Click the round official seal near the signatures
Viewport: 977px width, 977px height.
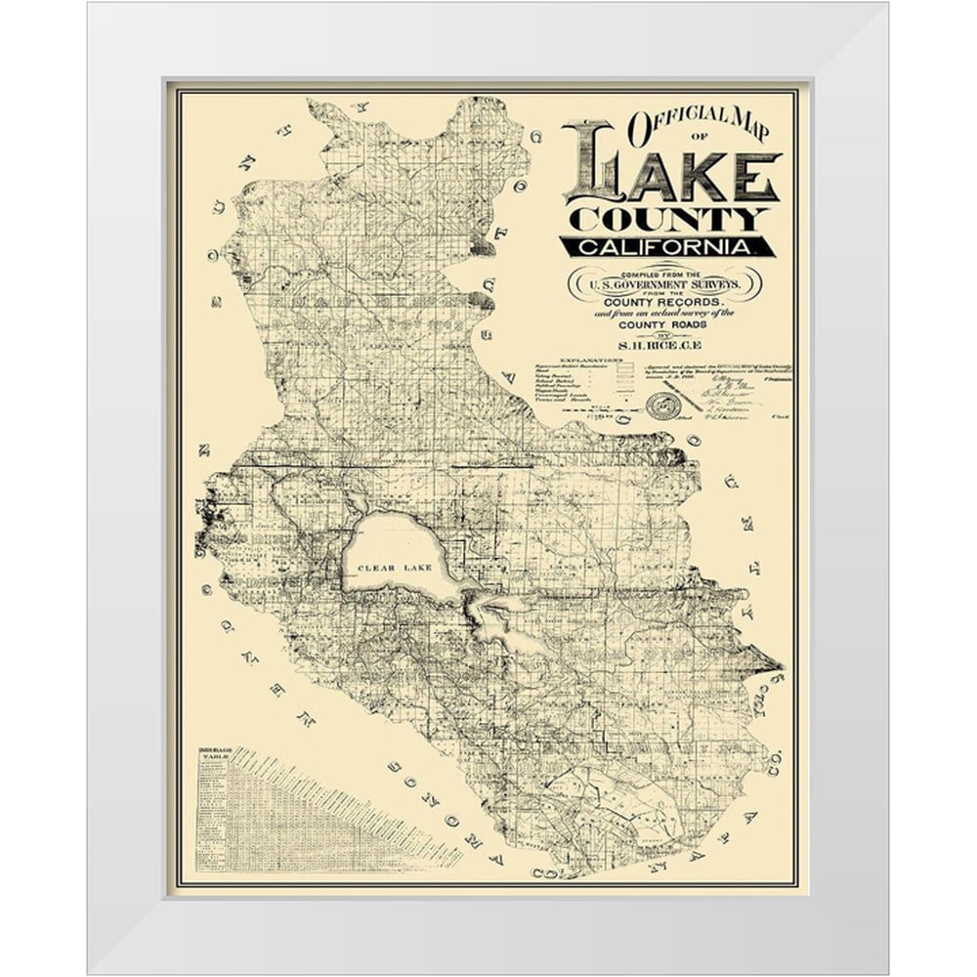662,404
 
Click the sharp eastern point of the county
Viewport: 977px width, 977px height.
781,664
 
